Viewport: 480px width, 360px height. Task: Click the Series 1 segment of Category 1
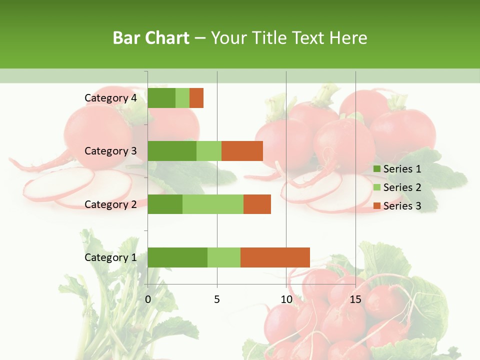point(177,257)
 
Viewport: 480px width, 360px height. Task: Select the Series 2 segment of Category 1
point(224,257)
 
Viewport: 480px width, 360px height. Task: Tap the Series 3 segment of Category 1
point(275,257)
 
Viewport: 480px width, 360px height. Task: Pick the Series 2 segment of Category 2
point(213,204)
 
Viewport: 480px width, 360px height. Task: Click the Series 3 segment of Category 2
point(257,204)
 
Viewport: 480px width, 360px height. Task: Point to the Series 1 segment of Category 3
point(172,151)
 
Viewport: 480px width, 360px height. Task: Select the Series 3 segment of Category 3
point(242,151)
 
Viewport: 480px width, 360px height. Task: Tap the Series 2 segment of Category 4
point(182,98)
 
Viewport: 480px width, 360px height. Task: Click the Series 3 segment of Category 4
point(196,98)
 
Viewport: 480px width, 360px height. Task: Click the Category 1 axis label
point(110,257)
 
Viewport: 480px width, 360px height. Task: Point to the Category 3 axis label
point(110,151)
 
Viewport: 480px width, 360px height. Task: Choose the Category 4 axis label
point(110,98)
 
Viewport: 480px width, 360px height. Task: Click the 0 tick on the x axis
point(148,299)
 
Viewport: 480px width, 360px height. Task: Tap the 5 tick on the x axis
point(217,299)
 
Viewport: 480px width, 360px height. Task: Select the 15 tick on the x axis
point(355,299)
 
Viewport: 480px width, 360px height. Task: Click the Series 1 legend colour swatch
point(376,169)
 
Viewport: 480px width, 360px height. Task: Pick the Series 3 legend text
point(402,206)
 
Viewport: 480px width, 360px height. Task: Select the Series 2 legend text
point(402,187)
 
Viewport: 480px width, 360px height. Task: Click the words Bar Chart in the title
point(151,38)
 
